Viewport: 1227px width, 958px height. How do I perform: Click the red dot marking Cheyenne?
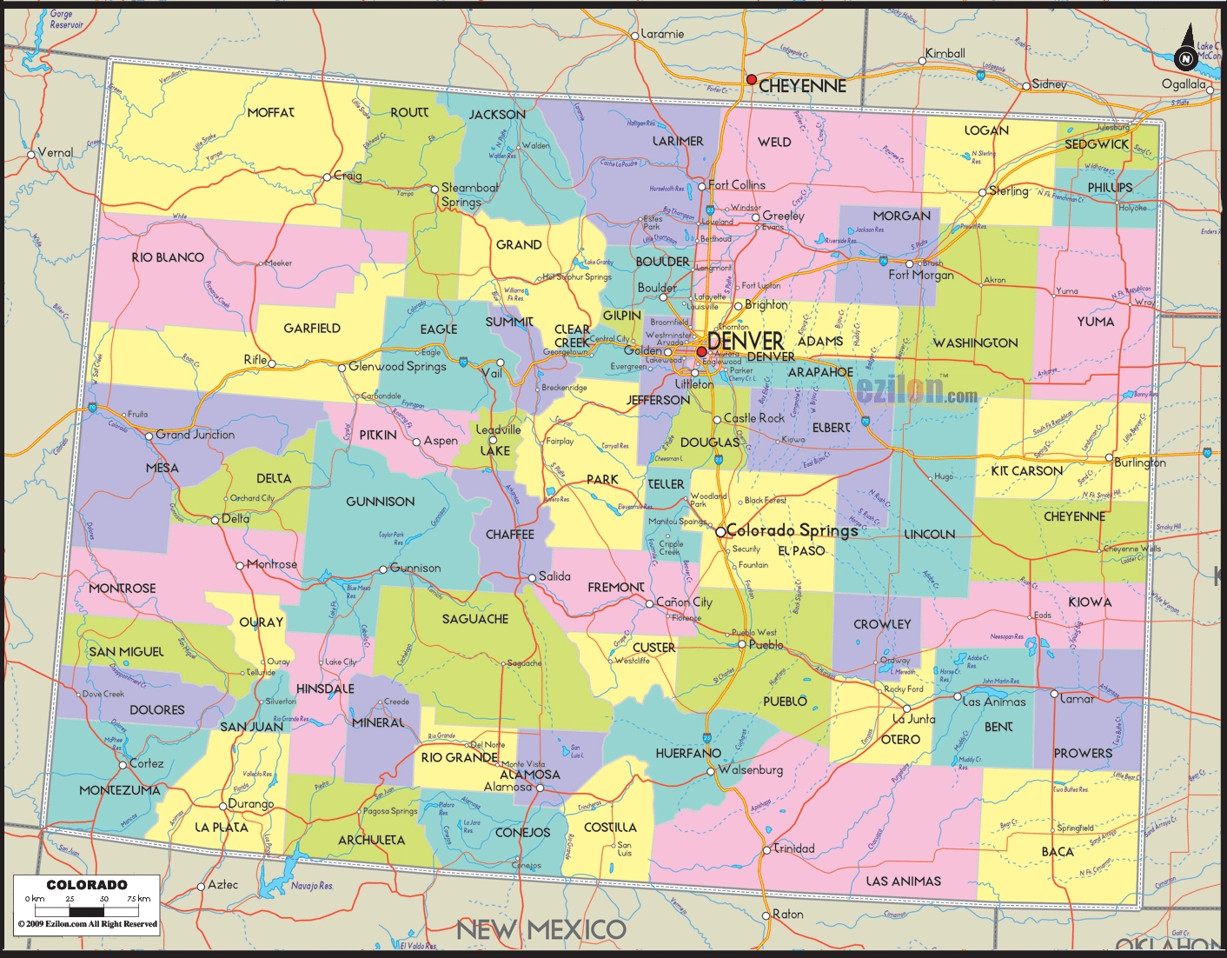[751, 79]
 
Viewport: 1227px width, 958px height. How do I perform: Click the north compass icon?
[1184, 58]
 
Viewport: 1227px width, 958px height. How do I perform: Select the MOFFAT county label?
[270, 112]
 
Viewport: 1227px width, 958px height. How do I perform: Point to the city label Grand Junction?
[195, 435]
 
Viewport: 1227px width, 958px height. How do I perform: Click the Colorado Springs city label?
[792, 530]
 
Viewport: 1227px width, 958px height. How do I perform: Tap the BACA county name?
[1058, 851]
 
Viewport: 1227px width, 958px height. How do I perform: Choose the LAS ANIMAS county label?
[903, 881]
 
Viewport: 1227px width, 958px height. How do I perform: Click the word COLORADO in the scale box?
[87, 884]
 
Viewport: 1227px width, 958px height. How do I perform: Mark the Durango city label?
[251, 804]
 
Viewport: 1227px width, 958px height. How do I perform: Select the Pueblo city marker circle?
[742, 644]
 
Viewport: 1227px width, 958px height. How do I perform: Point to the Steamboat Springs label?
[469, 195]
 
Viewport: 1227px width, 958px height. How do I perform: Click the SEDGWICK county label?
[1097, 144]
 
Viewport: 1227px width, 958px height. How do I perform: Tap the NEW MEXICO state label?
[541, 929]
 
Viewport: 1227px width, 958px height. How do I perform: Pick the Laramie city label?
[662, 34]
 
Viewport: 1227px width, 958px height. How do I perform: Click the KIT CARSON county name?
[1026, 470]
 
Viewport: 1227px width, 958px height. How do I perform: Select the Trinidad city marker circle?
[766, 849]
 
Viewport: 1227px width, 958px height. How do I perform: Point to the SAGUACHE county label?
[474, 619]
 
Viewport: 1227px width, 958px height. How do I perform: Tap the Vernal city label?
[56, 152]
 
